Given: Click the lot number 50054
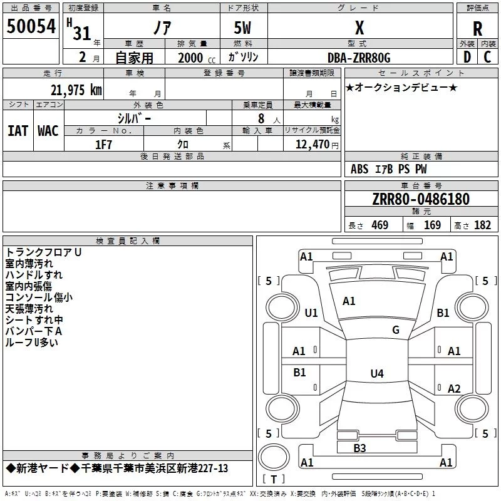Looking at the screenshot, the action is (31, 26).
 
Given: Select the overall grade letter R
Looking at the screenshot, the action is (477, 29).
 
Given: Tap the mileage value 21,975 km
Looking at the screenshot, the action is (76, 90).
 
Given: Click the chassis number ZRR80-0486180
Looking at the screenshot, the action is (421, 199).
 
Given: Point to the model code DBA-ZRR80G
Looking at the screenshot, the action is (359, 58).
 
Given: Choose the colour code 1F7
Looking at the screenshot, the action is (103, 145).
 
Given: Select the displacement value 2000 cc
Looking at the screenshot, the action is (197, 58).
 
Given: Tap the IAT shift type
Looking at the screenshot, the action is (18, 131).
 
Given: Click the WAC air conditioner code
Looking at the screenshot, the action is (48, 131).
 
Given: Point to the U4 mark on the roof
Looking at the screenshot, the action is (377, 373).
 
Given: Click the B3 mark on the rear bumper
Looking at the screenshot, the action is (359, 448).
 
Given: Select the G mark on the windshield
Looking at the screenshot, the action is (396, 330).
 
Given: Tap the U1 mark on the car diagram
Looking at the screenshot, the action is (311, 312).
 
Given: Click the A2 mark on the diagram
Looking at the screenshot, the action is (454, 388).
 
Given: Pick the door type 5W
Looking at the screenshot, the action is (242, 28).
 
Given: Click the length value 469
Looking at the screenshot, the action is (380, 225).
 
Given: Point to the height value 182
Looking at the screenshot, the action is (482, 225).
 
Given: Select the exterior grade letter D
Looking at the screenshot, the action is (467, 57).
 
